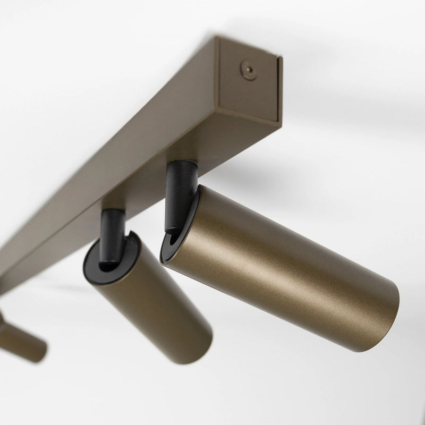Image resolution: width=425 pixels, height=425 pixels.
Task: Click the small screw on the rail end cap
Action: pyautogui.click(x=248, y=69)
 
